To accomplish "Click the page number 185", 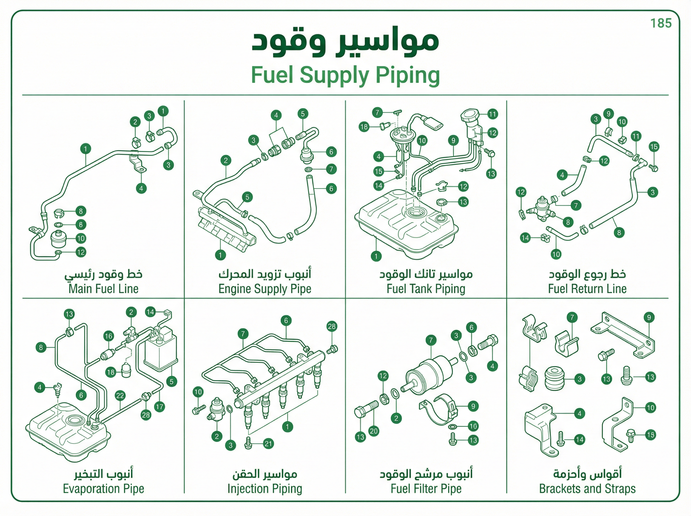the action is pos(661,23).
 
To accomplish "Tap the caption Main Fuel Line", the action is pos(103,289).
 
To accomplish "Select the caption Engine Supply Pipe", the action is pos(265,289).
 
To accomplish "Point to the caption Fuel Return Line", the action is pos(587,289).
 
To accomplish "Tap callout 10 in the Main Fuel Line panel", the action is pos(81,239).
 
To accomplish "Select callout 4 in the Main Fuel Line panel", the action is pos(141,188).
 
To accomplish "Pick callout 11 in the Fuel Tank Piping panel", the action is pos(492,114).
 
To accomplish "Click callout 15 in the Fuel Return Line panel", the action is pos(654,147).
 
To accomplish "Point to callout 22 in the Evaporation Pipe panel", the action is pos(120,396).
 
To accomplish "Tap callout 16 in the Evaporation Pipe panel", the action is pos(108,336).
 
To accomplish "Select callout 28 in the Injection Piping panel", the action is pos(332,327).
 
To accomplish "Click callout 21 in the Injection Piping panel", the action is pos(268,443).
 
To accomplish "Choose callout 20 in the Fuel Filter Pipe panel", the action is pos(374,431).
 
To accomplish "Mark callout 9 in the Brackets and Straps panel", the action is pos(649,318).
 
